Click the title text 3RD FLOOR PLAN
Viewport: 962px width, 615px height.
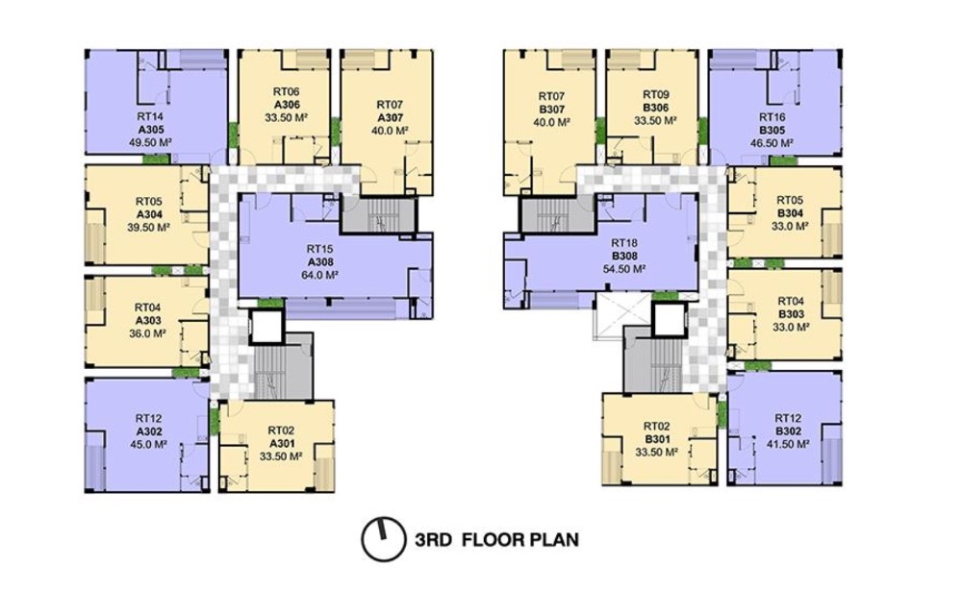[x=495, y=539]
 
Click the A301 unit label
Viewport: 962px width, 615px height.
[x=280, y=443]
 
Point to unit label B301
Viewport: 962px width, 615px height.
[x=657, y=438]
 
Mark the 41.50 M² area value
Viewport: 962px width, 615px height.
[x=788, y=444]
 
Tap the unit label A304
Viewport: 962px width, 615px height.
[x=149, y=214]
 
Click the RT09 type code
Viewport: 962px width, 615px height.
[x=655, y=95]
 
